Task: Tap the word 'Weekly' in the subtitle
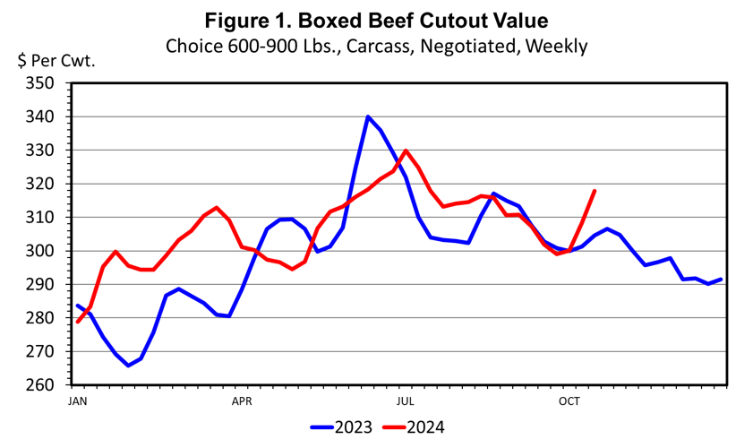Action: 555,46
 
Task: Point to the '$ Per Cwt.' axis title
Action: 56,61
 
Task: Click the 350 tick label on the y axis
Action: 41,83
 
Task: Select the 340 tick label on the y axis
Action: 41,117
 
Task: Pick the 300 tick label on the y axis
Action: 41,252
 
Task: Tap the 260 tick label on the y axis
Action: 41,385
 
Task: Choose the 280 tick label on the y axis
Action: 41,318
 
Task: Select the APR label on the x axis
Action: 242,401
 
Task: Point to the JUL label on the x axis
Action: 406,401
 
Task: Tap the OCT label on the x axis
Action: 569,401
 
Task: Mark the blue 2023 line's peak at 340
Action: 368,116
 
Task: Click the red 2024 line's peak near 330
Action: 406,151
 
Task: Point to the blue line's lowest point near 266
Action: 128,366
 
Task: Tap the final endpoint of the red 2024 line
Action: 595,190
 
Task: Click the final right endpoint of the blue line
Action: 722,280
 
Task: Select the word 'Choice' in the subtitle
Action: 193,46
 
